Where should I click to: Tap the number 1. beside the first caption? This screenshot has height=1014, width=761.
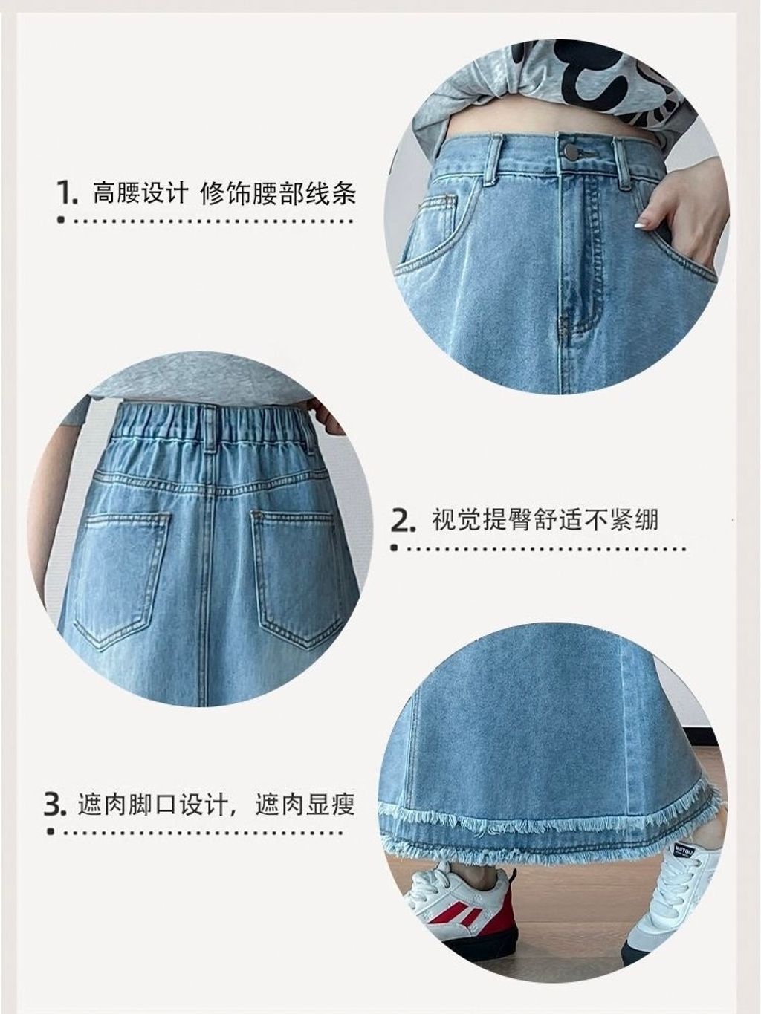(68, 192)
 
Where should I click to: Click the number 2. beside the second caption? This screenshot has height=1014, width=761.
(403, 521)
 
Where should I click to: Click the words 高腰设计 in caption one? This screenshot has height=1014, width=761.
(140, 192)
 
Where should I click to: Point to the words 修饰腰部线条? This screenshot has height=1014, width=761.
(278, 192)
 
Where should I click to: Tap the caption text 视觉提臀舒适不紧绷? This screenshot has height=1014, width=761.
(545, 521)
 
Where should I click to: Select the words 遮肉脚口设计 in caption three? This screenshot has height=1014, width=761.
(153, 805)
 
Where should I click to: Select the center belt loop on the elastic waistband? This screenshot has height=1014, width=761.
(210, 427)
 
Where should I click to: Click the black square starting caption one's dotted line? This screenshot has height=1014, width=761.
(61, 221)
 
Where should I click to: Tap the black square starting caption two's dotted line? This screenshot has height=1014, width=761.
(395, 549)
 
